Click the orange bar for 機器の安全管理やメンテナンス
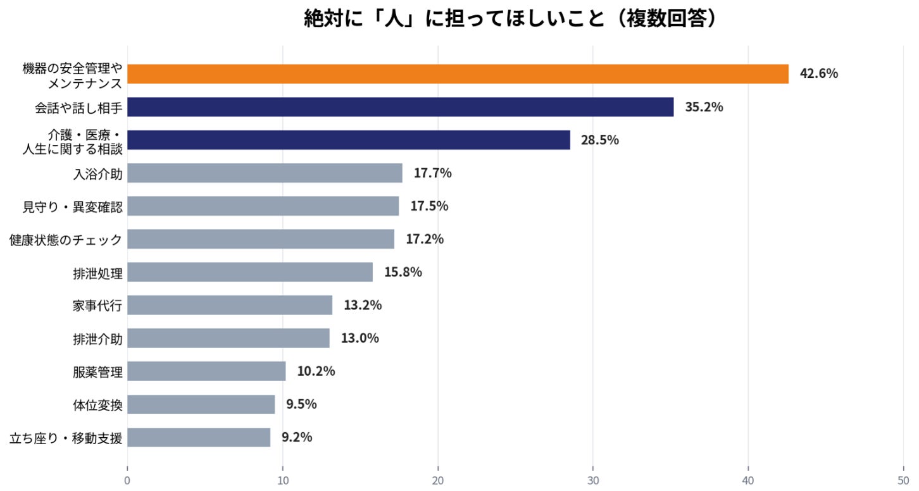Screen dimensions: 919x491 (458, 74)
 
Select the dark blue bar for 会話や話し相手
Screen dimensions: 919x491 (401, 107)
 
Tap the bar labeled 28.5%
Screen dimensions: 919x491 (349, 140)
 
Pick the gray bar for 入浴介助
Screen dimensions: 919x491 (265, 173)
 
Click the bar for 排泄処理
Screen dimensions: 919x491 (250, 272)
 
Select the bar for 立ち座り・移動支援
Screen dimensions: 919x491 (199, 437)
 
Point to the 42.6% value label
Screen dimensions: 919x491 (818, 73)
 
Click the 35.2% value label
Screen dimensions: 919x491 (704, 107)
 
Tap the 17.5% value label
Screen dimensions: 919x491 (429, 206)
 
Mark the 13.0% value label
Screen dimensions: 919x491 (359, 338)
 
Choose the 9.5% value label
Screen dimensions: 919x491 (301, 404)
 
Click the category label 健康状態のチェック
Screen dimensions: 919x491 (66, 240)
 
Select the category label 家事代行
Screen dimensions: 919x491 (97, 306)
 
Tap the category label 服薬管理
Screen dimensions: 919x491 (97, 372)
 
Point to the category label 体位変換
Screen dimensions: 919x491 (97, 406)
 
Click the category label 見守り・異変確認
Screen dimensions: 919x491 (72, 207)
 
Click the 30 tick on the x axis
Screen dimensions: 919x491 (593, 480)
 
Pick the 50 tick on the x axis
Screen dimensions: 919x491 (903, 480)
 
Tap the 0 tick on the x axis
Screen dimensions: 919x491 (127, 480)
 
